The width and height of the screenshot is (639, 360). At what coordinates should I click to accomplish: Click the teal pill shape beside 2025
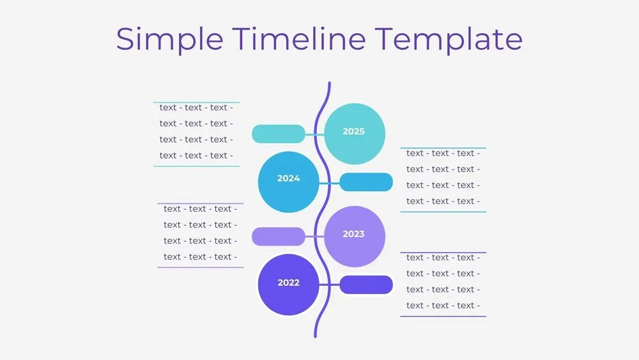coord(279,134)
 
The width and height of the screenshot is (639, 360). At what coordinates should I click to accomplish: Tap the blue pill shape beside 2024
coord(366,182)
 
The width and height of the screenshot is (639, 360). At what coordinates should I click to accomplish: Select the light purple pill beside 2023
coord(279,237)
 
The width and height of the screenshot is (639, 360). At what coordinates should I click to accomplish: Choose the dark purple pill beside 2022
coord(366,285)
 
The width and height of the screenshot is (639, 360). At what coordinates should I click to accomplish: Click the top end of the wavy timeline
coord(329,84)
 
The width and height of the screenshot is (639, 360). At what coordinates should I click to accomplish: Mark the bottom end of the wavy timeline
coord(316,336)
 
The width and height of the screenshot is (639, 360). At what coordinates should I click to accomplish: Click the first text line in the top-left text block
coord(196,108)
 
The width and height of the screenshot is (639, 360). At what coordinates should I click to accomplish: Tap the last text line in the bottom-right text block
coord(443,306)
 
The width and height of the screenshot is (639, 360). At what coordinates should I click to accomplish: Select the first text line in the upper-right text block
coord(443,153)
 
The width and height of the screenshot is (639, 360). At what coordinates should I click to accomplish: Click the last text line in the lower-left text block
coord(200,257)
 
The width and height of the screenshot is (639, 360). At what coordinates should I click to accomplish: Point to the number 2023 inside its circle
coord(353,234)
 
